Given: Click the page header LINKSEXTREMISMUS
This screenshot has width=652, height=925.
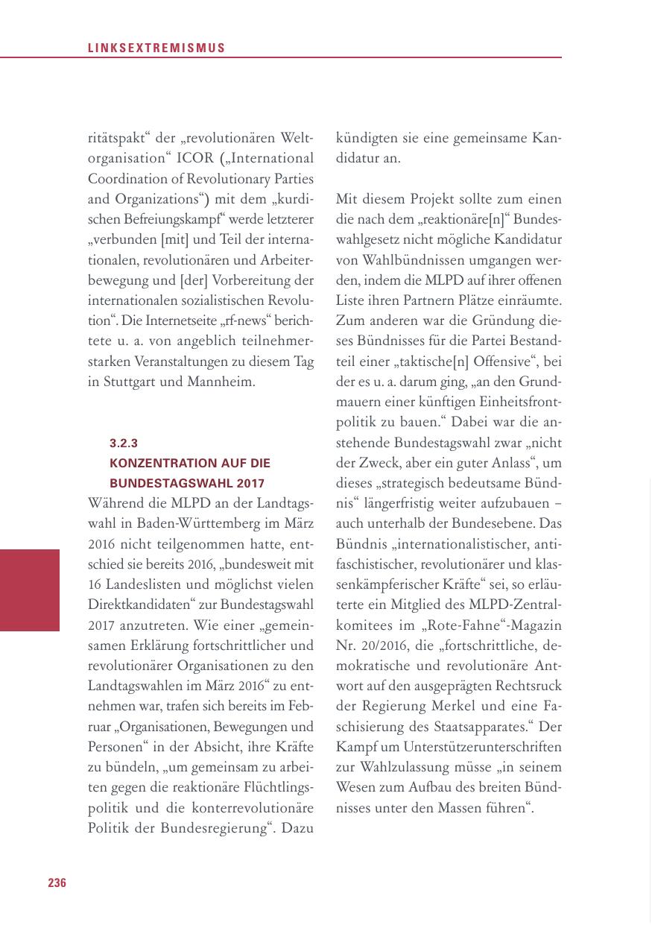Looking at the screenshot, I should [156, 48].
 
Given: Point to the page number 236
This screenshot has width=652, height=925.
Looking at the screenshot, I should [57, 883].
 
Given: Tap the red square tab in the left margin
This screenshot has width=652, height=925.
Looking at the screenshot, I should [30, 590].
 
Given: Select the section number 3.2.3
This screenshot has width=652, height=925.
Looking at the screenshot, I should [124, 442].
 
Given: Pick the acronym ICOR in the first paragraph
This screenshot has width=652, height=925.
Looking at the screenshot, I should [196, 159].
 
